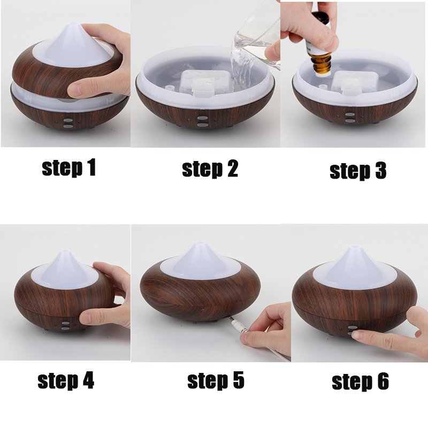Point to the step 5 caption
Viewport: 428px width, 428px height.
[215, 380]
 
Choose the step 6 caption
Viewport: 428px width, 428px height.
[360, 381]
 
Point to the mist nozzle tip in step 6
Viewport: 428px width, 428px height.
[353, 249]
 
